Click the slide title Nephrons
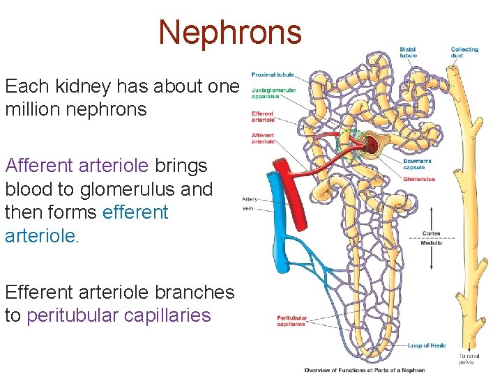[x=229, y=31]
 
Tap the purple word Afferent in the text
[x=38, y=166]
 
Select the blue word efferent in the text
[x=135, y=212]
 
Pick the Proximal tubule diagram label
[x=273, y=75]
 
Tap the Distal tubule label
[x=409, y=52]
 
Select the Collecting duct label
[x=464, y=52]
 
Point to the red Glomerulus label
[x=419, y=179]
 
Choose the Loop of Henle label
[x=427, y=345]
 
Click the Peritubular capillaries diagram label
[x=291, y=321]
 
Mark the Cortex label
[x=431, y=233]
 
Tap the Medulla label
[x=431, y=243]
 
